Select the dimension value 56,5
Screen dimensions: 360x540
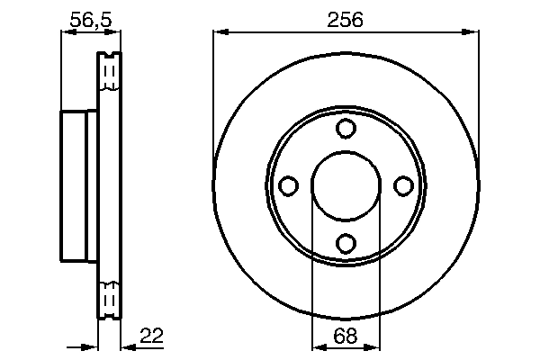[x=90, y=17]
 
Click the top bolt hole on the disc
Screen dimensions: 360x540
[x=346, y=129]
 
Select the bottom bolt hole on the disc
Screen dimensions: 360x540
[x=346, y=242]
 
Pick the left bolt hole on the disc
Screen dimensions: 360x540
[x=289, y=185]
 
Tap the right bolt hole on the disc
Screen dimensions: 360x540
[x=403, y=185]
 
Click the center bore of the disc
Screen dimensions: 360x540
[x=346, y=185]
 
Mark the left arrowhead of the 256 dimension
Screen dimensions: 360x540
[x=220, y=33]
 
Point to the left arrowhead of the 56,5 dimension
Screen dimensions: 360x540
[x=66, y=33]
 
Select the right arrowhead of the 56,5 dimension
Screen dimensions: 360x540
[x=115, y=33]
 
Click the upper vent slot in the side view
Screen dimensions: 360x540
[x=109, y=73]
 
